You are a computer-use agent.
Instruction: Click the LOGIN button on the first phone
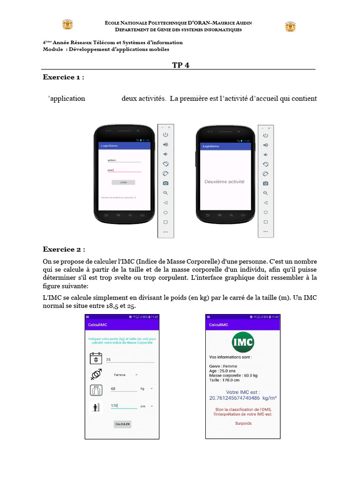(123, 182)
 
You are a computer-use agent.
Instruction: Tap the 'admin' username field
(123, 160)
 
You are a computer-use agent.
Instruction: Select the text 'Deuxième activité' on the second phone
(224, 181)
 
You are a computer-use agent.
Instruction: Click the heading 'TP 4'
(180, 65)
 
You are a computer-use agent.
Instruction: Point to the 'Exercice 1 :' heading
(64, 77)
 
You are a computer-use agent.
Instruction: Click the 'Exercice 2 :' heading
(64, 249)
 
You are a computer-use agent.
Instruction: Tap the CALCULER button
(122, 424)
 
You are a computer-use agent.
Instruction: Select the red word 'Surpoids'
(243, 423)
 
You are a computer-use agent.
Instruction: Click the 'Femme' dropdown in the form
(126, 375)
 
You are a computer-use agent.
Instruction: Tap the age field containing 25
(129, 360)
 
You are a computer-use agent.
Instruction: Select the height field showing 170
(123, 406)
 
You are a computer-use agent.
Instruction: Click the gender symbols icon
(96, 375)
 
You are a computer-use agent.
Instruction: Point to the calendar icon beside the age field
(96, 359)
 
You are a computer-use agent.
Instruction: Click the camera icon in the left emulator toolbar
(165, 183)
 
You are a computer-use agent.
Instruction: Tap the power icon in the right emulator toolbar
(266, 135)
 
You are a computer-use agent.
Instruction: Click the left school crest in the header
(67, 25)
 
